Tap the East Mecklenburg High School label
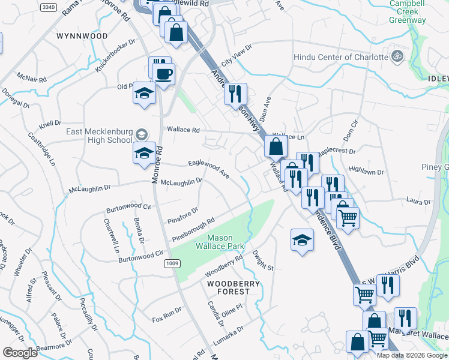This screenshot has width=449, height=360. pos(98,136)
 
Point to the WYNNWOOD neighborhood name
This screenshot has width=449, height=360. pos(82,36)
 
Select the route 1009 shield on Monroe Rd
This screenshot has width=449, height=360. pos(172,262)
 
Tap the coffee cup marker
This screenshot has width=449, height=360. pos(163,74)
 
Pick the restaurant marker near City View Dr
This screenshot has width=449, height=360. pos(235,94)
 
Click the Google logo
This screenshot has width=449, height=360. pos(20,353)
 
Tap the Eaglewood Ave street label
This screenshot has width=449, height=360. pos(209,168)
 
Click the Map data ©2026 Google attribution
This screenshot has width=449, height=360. pos(412,355)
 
